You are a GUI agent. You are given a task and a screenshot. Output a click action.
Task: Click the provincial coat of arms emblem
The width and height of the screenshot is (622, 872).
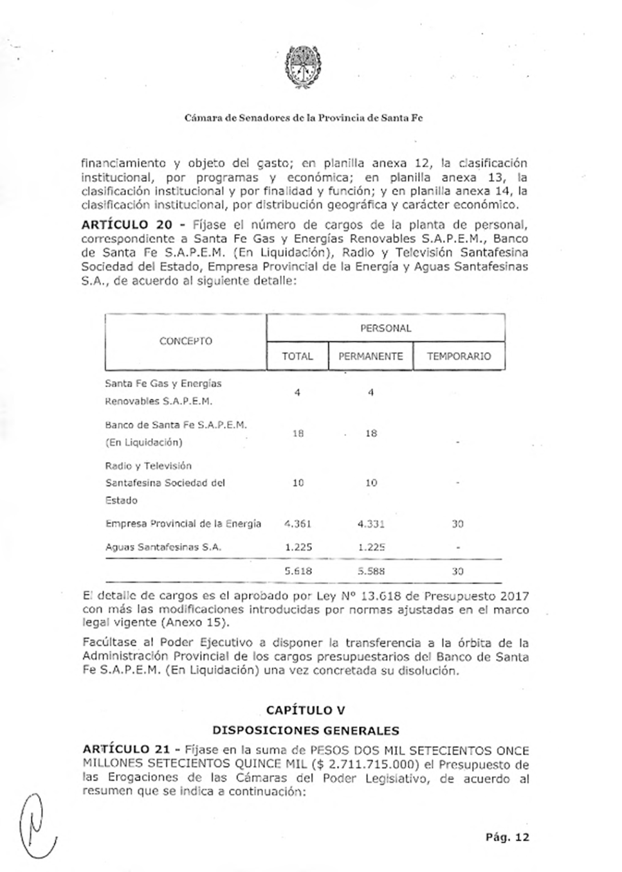[303, 67]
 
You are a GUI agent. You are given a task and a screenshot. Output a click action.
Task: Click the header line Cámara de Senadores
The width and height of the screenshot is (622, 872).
[303, 118]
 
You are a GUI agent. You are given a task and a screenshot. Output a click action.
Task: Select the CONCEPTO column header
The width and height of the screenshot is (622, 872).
[185, 341]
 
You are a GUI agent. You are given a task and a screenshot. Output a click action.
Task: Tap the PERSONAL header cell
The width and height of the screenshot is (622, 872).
[385, 328]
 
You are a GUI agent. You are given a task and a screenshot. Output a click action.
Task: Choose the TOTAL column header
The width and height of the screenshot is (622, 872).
[297, 356]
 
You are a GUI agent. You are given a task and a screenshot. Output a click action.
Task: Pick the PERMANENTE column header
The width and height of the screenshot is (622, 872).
[370, 356]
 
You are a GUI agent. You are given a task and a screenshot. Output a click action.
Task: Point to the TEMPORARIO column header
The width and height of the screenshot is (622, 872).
[459, 356]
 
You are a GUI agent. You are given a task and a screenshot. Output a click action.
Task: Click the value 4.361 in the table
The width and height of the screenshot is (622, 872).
[298, 524]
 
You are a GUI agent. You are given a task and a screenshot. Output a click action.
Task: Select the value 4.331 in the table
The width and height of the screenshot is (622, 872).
[371, 524]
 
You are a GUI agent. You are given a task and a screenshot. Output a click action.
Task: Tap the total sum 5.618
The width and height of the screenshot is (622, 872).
[298, 571]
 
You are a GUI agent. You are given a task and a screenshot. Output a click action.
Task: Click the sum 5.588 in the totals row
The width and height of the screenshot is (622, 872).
[371, 571]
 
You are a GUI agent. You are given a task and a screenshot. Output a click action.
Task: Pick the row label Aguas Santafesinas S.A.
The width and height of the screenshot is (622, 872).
[163, 547]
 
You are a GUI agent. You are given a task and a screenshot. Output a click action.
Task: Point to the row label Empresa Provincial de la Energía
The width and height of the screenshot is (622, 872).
[183, 524]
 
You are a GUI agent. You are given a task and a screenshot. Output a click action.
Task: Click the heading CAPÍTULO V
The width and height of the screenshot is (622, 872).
[306, 710]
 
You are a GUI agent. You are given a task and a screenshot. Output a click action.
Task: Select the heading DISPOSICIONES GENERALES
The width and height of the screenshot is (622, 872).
[306, 730]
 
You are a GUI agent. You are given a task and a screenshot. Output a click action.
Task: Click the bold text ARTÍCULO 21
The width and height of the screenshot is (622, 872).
[126, 750]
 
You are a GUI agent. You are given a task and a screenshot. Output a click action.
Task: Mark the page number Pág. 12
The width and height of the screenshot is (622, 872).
[508, 837]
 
